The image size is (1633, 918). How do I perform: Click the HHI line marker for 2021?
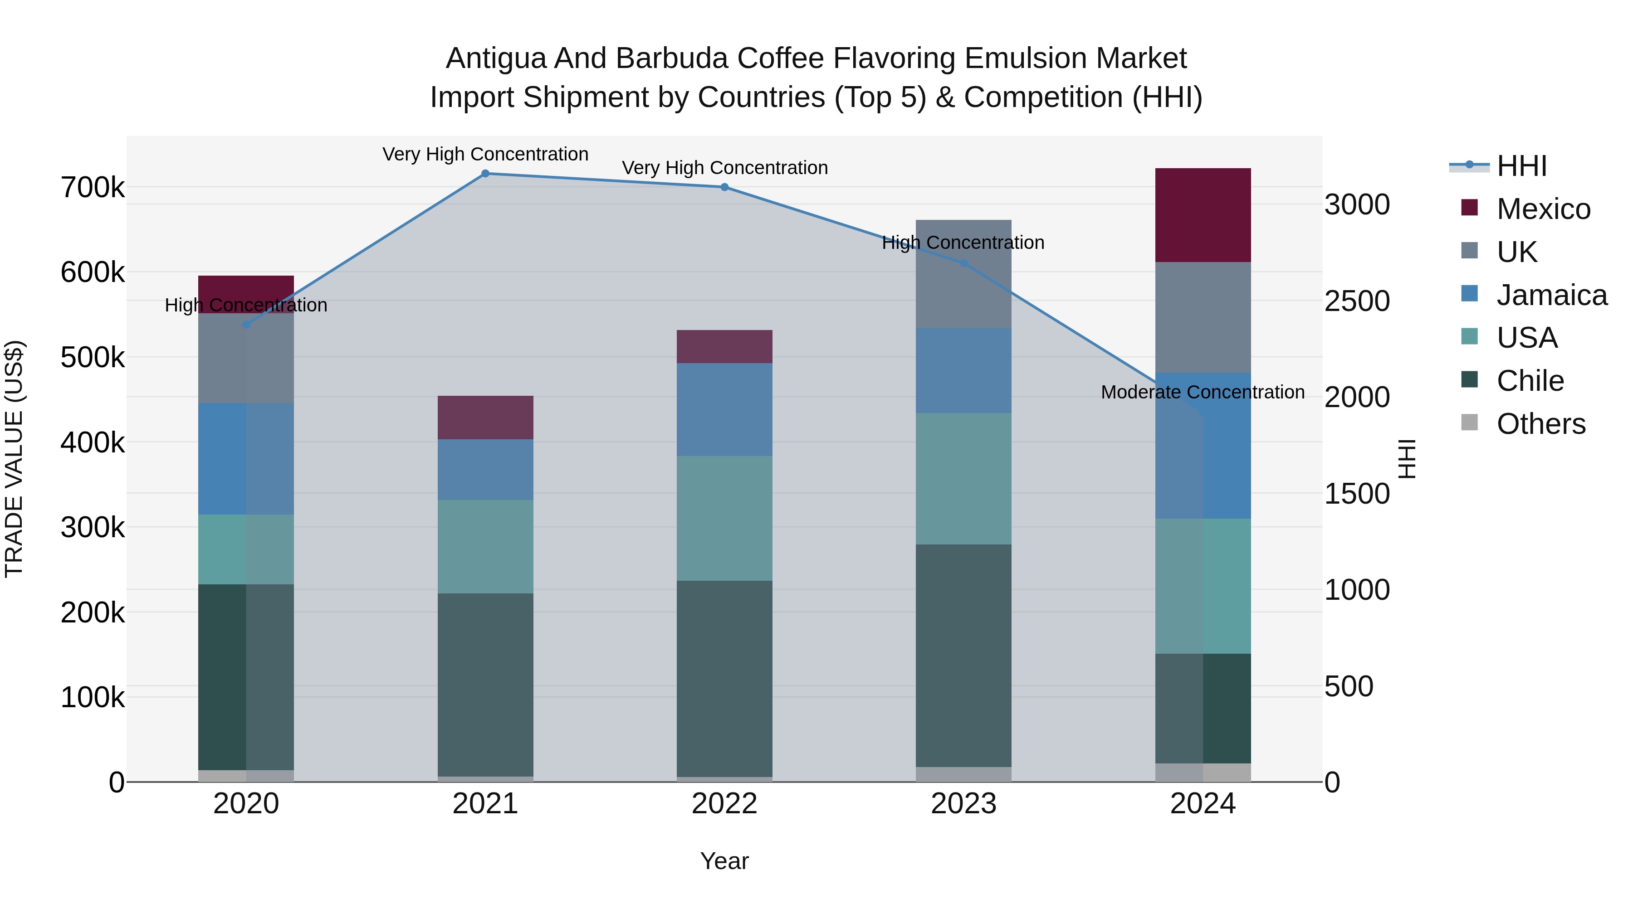tap(485, 174)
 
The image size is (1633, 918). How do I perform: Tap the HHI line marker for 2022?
tap(724, 187)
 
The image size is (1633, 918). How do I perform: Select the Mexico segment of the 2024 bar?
tap(1203, 215)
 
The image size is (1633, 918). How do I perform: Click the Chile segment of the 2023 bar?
tap(963, 655)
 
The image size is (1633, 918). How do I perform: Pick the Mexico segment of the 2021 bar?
tap(485, 418)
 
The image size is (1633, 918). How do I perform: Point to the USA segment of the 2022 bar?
tap(724, 518)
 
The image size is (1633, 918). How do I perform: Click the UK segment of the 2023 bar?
tap(963, 274)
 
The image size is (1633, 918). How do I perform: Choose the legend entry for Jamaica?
tap(1551, 295)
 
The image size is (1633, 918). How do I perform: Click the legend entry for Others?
tap(1540, 424)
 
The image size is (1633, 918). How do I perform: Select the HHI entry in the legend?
tap(1521, 166)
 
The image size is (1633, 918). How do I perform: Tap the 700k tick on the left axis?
tap(93, 188)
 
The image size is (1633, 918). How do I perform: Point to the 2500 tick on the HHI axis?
tap(1357, 301)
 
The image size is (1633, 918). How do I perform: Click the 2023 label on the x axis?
tap(963, 804)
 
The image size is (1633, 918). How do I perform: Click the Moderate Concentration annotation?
tap(1203, 392)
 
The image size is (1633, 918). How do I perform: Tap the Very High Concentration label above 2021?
tap(485, 154)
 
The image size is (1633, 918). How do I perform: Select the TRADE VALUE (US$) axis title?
tap(14, 459)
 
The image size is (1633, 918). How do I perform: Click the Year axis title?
tap(724, 861)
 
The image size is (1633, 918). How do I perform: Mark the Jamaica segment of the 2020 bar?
tap(246, 459)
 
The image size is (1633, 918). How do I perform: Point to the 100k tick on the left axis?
tap(93, 698)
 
